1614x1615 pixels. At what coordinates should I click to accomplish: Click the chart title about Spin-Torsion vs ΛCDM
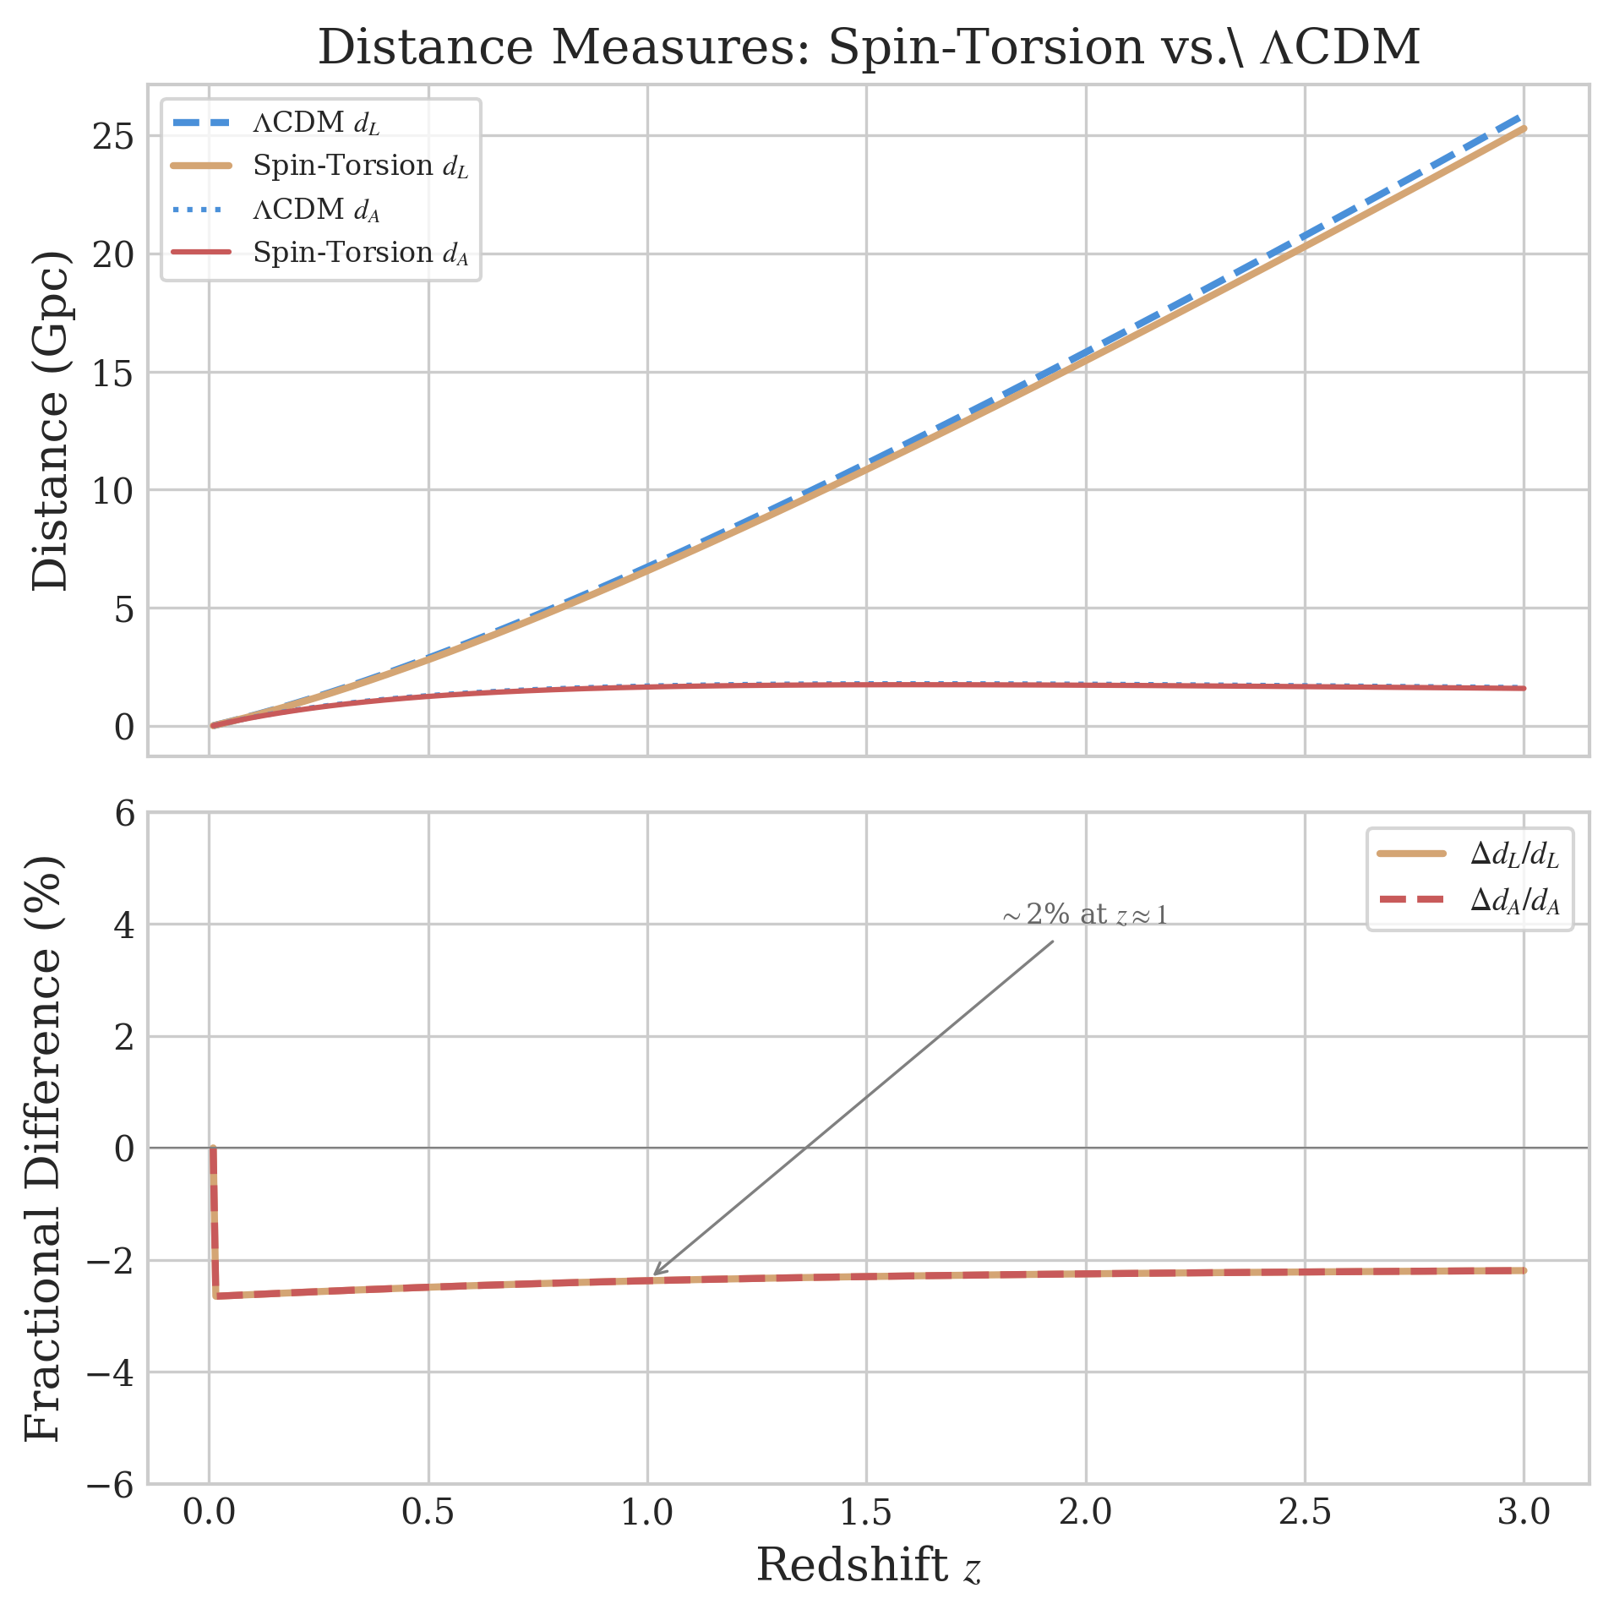(868, 47)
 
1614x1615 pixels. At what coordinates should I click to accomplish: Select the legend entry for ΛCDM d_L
(316, 123)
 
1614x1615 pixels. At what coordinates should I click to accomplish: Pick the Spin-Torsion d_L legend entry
(359, 166)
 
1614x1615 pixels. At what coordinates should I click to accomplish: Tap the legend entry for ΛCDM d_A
(316, 210)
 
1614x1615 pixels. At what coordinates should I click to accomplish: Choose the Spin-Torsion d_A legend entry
(359, 253)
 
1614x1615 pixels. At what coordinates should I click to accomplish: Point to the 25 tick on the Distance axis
(113, 136)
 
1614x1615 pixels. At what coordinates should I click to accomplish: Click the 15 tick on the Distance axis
(113, 373)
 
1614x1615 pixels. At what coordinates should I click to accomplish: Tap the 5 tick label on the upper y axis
(124, 608)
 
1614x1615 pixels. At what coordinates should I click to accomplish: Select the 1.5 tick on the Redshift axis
(866, 1511)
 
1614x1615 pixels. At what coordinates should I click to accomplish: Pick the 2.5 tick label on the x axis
(1304, 1511)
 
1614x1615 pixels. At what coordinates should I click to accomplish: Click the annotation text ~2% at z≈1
(1084, 915)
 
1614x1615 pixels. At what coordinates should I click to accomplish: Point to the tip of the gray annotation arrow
(654, 1275)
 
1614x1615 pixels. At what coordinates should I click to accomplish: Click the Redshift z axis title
(868, 1564)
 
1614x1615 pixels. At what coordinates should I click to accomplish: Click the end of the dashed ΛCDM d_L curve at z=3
(1522, 117)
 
